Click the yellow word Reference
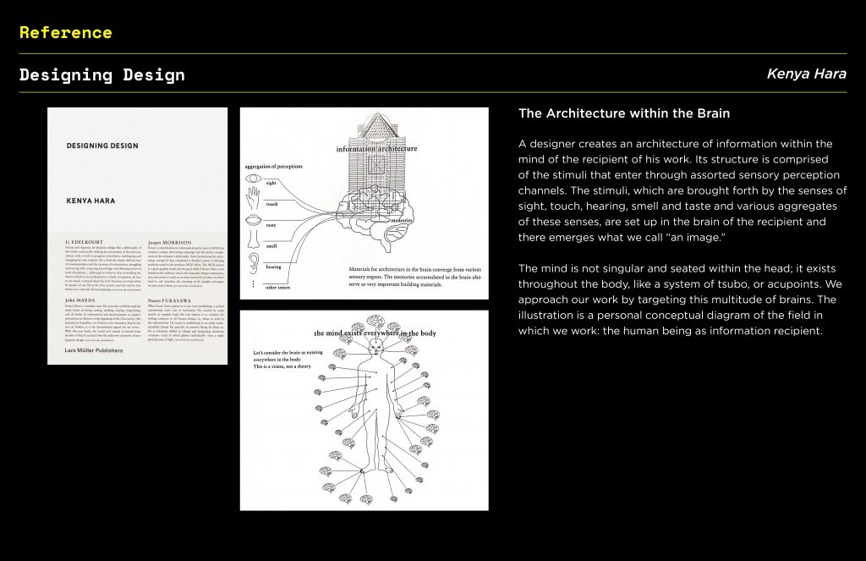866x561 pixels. (x=65, y=33)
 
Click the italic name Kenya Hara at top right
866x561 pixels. (x=806, y=74)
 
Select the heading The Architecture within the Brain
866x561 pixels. (x=623, y=113)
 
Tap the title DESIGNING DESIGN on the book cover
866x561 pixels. (x=102, y=146)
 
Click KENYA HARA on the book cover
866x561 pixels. (x=90, y=201)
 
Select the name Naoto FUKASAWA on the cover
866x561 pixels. (x=174, y=301)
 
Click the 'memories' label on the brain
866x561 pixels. (x=402, y=220)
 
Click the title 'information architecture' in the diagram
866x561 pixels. (x=376, y=149)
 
